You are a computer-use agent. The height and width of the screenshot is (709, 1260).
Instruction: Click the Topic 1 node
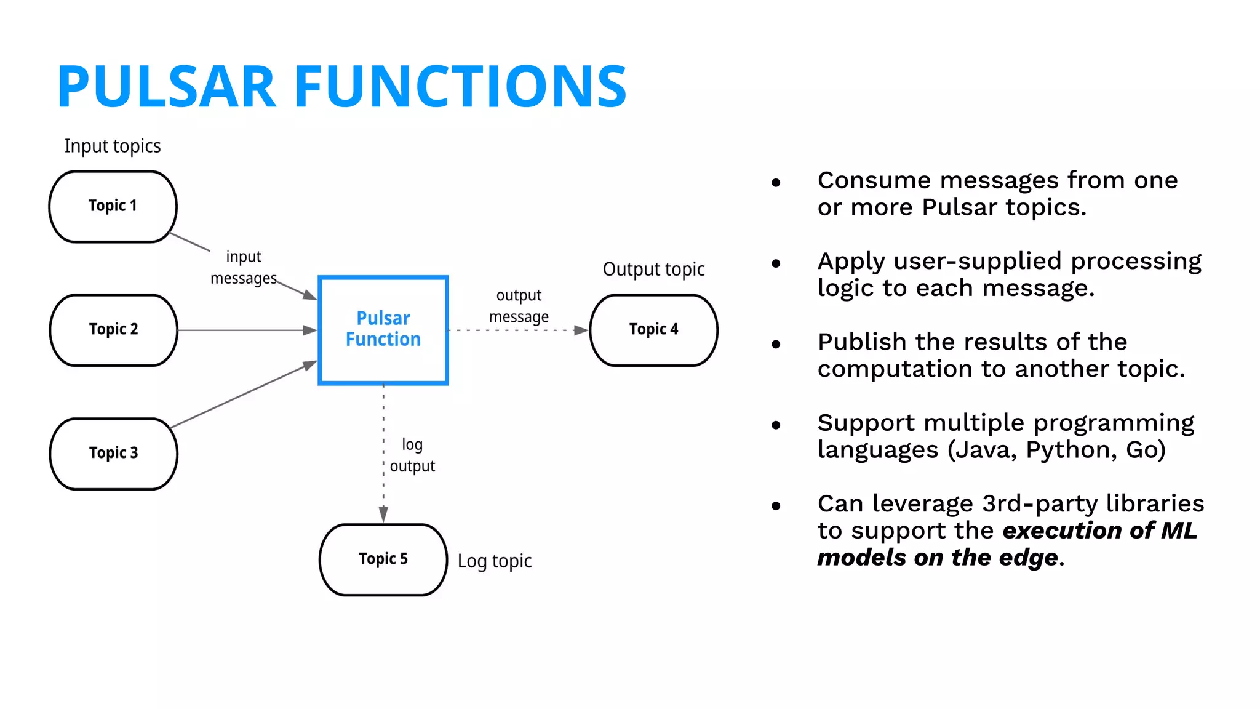pos(113,206)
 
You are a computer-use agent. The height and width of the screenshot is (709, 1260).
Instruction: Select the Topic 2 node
pos(113,330)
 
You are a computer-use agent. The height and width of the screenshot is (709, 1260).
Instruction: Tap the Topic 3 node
pos(113,454)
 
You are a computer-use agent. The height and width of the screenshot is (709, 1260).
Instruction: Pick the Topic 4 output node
pos(653,330)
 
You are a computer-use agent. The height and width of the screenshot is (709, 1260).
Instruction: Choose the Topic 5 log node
pos(383,559)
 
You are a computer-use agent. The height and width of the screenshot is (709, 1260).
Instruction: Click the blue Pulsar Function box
pos(383,330)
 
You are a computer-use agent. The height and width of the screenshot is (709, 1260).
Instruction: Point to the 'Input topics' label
pos(113,146)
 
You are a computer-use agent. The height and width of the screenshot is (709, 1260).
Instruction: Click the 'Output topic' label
pos(653,270)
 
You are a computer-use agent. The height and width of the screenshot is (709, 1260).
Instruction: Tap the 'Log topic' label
pos(495,561)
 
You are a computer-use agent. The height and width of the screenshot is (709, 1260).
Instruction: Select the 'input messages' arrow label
pos(244,268)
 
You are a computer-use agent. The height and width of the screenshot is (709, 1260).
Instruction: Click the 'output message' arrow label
pos(519,306)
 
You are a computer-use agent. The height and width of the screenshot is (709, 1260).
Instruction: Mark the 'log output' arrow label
pos(412,455)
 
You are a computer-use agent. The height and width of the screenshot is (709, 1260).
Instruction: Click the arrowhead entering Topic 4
pos(580,330)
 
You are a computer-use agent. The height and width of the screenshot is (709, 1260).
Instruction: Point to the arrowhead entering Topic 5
pos(383,514)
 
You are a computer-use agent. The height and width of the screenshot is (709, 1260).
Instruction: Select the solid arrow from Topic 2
pos(246,330)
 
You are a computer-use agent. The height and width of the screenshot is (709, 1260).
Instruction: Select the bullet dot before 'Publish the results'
pos(776,345)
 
